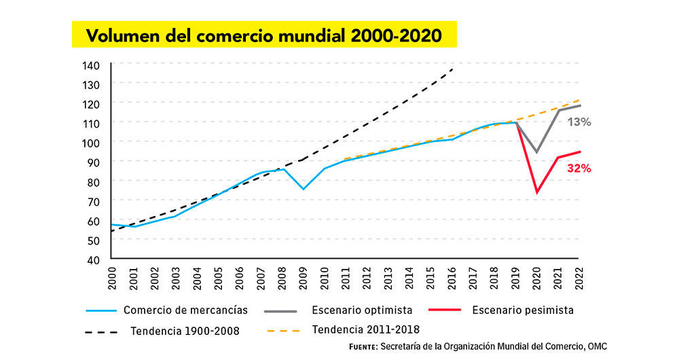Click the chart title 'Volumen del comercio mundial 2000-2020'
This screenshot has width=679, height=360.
(263, 34)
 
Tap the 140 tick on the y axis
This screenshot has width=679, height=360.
(92, 65)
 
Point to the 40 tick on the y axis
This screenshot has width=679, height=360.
(94, 259)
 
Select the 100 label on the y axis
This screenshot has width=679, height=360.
(92, 143)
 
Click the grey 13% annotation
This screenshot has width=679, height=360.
(580, 122)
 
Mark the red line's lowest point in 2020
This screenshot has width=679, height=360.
(537, 193)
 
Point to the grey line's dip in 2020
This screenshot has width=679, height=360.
(537, 152)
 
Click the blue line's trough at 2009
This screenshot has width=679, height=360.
(304, 189)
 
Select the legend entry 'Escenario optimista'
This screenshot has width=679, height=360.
(362, 310)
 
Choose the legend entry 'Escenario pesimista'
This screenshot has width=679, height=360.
(522, 310)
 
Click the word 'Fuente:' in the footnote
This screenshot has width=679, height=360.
(363, 346)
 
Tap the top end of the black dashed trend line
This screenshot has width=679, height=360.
(453, 69)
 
